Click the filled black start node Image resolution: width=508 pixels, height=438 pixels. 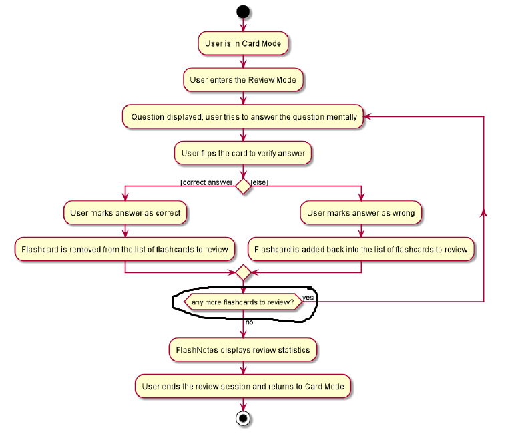[x=243, y=11]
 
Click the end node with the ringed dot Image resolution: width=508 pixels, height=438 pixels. [x=243, y=419]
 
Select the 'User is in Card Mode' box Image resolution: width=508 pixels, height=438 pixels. [x=243, y=43]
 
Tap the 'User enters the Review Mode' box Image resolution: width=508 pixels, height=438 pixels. [x=243, y=80]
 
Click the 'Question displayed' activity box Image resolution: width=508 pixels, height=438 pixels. [x=243, y=117]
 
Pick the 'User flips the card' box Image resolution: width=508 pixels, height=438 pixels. [x=243, y=153]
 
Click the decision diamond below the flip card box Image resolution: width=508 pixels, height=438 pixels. [x=243, y=186]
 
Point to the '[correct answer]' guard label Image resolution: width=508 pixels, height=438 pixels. [x=207, y=182]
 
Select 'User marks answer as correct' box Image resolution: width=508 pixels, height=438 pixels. [x=125, y=213]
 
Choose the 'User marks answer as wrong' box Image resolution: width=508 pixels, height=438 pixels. [x=360, y=213]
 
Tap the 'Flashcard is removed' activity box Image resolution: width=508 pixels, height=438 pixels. [x=125, y=250]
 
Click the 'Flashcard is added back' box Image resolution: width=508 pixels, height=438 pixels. [x=360, y=250]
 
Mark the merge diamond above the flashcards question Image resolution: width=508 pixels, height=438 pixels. [x=243, y=272]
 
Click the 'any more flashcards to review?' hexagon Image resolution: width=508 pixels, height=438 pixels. [x=243, y=302]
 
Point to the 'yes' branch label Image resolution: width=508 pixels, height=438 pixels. [x=308, y=297]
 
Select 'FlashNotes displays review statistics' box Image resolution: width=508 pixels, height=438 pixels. [x=243, y=349]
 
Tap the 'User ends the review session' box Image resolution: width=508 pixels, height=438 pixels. [x=243, y=386]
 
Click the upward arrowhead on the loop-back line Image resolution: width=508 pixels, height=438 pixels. [x=483, y=211]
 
